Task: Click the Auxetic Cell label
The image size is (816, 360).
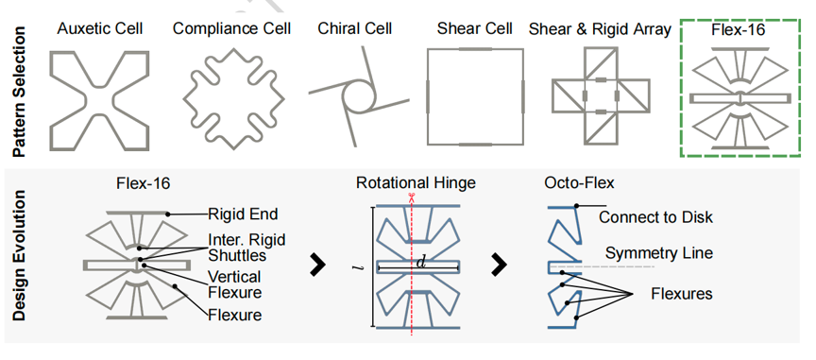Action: (x=99, y=28)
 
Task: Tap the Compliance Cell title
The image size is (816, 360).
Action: (x=232, y=28)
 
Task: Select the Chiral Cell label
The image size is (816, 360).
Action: (x=355, y=28)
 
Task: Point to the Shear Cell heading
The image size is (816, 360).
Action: (x=475, y=28)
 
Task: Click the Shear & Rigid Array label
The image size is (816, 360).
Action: (x=600, y=29)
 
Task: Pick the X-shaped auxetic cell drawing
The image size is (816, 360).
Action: (x=99, y=100)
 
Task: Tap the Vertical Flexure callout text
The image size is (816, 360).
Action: (x=235, y=283)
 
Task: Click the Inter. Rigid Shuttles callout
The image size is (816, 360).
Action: (x=246, y=248)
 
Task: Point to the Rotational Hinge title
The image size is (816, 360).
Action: (x=416, y=183)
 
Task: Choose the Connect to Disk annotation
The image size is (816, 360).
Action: (x=655, y=216)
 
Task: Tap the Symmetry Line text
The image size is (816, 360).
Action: (x=659, y=253)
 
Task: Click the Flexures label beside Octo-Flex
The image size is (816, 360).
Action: (x=681, y=294)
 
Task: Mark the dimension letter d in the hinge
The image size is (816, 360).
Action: (x=421, y=262)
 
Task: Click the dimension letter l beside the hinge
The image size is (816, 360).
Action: (x=355, y=267)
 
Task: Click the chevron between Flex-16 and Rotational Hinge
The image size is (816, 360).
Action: (x=317, y=266)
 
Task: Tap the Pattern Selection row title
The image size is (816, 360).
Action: (x=19, y=92)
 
